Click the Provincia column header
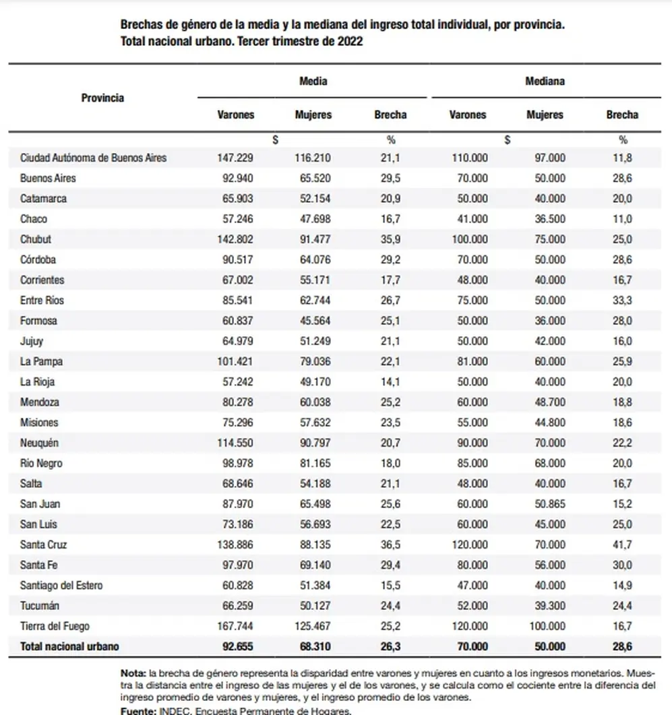(x=102, y=98)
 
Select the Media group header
(x=313, y=81)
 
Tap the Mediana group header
(x=545, y=81)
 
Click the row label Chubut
(x=36, y=239)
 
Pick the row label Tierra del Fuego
(x=55, y=627)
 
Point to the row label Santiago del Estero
(x=61, y=586)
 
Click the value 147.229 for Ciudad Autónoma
(x=235, y=158)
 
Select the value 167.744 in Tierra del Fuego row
(x=235, y=627)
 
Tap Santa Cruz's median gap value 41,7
(x=622, y=545)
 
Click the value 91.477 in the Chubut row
(x=315, y=239)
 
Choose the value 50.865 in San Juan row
(x=550, y=504)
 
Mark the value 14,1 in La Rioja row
(x=390, y=382)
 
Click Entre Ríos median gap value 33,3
(x=622, y=301)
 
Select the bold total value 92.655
(x=238, y=647)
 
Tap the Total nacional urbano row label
(x=69, y=647)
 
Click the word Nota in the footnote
(x=133, y=673)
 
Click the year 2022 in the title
(x=350, y=42)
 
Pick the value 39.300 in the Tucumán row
(x=550, y=606)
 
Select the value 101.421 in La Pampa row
(x=235, y=362)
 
